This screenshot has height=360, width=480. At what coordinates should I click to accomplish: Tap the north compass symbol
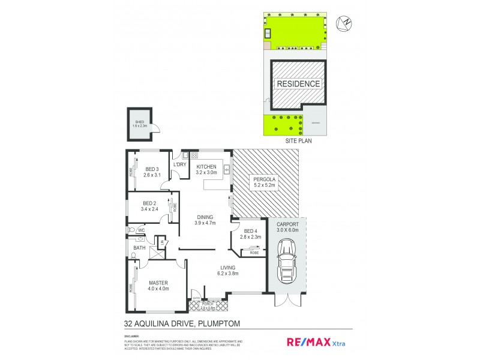click(x=344, y=23)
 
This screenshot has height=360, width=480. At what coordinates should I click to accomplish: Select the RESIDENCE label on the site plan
click(x=298, y=83)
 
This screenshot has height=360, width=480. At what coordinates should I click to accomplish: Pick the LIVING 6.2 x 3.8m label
click(x=227, y=270)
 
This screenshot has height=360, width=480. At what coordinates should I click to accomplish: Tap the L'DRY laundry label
click(x=179, y=164)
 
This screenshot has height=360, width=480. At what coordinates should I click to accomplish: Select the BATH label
click(x=139, y=247)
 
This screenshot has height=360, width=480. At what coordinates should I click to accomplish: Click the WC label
click(x=142, y=230)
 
